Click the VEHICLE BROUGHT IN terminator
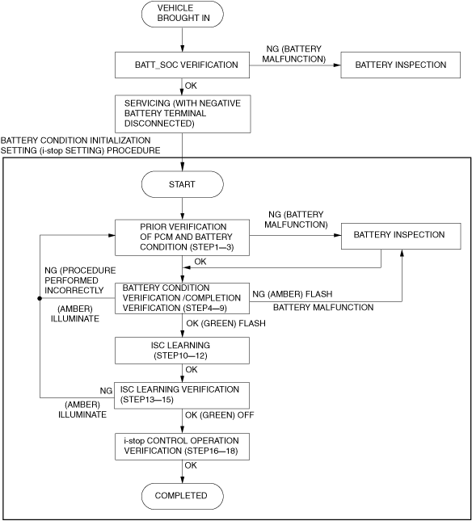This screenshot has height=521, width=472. [182, 14]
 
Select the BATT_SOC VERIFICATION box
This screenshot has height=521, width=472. [182, 65]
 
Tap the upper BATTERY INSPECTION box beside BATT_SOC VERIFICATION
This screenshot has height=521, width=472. [401, 65]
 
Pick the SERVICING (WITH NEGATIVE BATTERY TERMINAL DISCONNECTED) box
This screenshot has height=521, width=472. [183, 114]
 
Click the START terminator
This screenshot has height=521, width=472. [182, 184]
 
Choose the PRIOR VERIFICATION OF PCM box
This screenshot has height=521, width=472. [182, 237]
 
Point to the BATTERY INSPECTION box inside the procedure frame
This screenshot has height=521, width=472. [401, 236]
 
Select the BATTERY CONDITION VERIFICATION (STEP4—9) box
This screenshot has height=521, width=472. [182, 298]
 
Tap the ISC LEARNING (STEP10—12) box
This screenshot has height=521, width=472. [182, 351]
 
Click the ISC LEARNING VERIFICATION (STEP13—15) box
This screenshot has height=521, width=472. [182, 396]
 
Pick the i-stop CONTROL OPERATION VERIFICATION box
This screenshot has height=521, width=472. [182, 447]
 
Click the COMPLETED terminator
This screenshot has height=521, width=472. [182, 497]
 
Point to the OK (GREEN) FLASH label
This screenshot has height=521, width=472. [225, 323]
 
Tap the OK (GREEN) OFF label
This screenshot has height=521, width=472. [219, 415]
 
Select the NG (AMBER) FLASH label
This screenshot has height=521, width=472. [293, 294]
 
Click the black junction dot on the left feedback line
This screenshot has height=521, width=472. [40, 298]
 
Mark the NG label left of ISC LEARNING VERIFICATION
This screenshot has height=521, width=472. [106, 391]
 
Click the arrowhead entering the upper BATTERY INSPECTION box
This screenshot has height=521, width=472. [337, 65]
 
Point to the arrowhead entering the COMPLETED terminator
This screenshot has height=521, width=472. [182, 480]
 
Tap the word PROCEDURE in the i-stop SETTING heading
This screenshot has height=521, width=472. [133, 150]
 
